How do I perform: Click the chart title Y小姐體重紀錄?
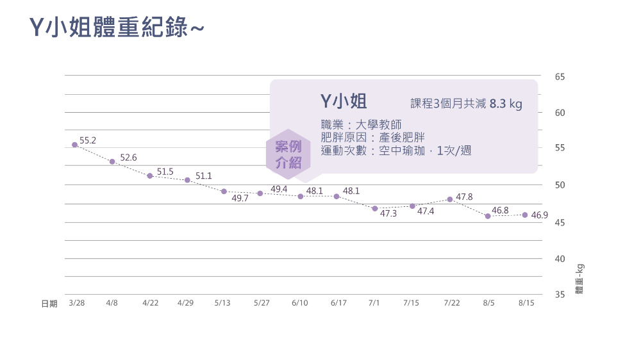[x=117, y=28]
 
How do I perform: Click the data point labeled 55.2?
[x=74, y=145]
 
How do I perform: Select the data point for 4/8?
[x=112, y=161]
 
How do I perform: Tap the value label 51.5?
[x=165, y=172]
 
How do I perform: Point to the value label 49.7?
[x=240, y=199]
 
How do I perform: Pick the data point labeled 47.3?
[x=375, y=209]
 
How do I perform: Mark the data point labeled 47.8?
[x=450, y=199]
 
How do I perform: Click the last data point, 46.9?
[x=525, y=215]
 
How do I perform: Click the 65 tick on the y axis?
[x=560, y=77]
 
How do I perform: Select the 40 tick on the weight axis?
[x=560, y=259]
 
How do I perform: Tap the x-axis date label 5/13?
[x=222, y=303]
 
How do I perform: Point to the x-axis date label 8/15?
[x=526, y=303]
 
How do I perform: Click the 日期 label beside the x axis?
[x=49, y=304]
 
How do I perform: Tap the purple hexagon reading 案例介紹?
[x=288, y=154]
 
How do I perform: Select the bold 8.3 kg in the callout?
[x=506, y=103]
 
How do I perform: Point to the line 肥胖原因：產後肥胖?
[x=373, y=137]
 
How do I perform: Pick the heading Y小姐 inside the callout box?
[x=343, y=101]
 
